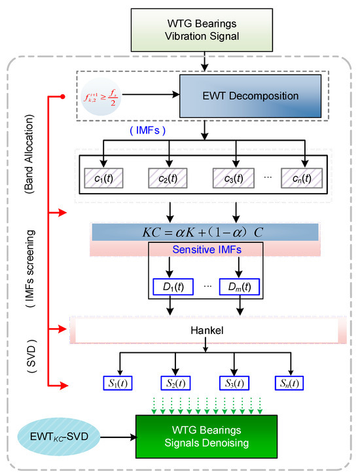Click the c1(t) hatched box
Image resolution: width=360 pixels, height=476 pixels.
click(x=105, y=178)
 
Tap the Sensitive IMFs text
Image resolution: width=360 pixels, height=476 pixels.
click(x=206, y=249)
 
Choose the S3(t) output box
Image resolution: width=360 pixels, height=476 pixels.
click(x=233, y=382)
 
